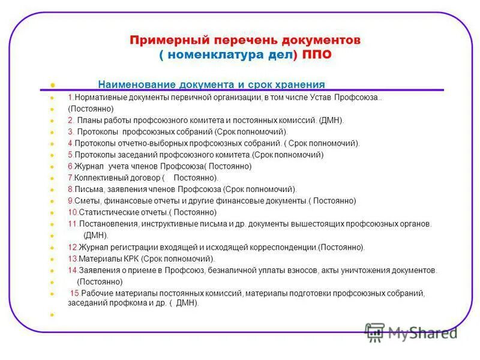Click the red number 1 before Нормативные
click(x=70, y=97)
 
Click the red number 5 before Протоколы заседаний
click(x=70, y=155)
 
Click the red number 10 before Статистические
click(x=71, y=212)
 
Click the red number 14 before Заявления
click(x=71, y=271)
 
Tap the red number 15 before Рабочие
click(x=75, y=293)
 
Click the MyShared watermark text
click(x=424, y=332)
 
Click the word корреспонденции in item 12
click(x=281, y=247)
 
